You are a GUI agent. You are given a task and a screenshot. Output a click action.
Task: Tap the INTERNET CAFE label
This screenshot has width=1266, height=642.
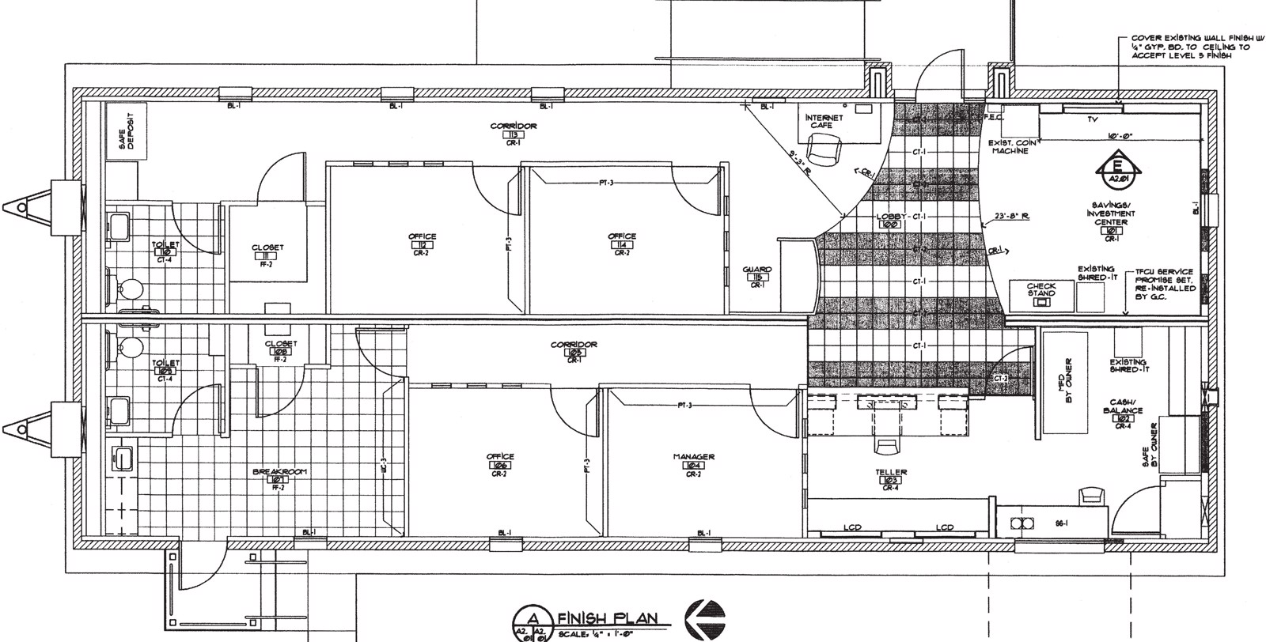pyautogui.click(x=824, y=122)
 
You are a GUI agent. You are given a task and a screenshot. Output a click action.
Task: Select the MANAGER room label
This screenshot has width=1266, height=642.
pyautogui.click(x=694, y=457)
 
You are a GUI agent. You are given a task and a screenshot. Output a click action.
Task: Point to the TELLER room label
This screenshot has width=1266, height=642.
pyautogui.click(x=890, y=473)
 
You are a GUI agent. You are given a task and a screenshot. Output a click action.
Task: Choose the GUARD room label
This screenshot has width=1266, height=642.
pyautogui.click(x=757, y=270)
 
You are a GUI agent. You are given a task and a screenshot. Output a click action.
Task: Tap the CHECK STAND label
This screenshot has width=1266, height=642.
pyautogui.click(x=1041, y=289)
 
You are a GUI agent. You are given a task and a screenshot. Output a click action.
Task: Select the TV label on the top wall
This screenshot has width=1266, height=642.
pyautogui.click(x=1093, y=119)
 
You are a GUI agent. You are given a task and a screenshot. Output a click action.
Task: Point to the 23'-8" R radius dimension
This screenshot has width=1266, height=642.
pyautogui.click(x=1012, y=217)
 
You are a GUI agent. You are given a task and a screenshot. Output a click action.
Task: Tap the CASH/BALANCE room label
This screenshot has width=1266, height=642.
pyautogui.click(x=1122, y=411)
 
